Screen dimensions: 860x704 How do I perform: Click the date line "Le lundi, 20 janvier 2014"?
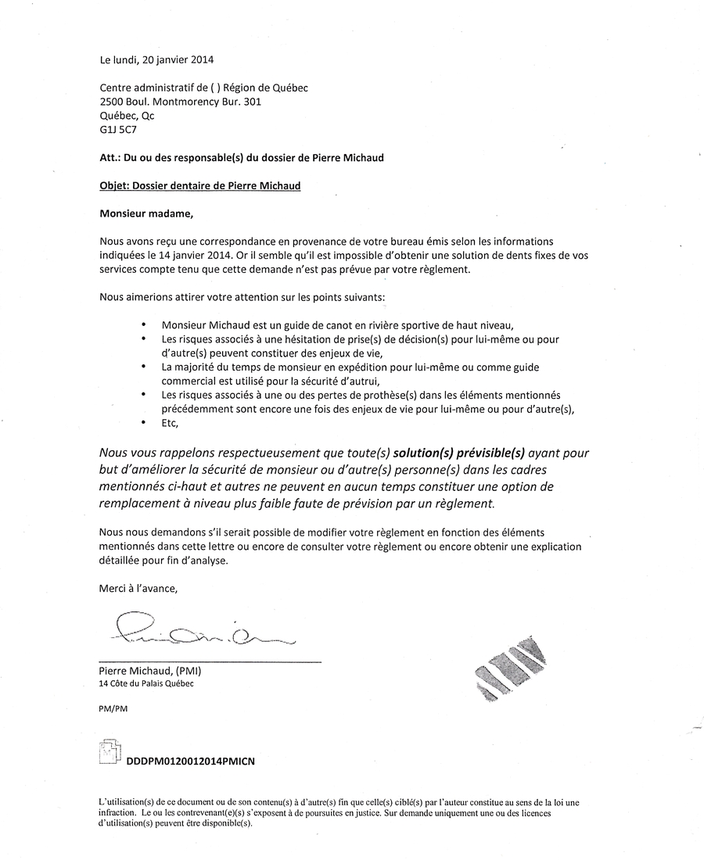[156, 59]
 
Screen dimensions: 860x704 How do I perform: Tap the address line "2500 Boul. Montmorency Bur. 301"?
[180, 102]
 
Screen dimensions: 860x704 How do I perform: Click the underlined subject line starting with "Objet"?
[200, 186]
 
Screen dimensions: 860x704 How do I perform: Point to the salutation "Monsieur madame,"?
[145, 213]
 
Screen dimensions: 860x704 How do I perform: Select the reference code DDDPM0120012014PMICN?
[185, 760]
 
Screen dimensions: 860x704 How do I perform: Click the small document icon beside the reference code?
[110, 752]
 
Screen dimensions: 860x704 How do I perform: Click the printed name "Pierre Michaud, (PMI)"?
[156, 671]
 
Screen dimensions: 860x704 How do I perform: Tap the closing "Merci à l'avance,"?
[144, 588]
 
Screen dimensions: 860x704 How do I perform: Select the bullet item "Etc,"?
[170, 423]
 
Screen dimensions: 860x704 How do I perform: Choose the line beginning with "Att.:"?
[242, 158]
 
